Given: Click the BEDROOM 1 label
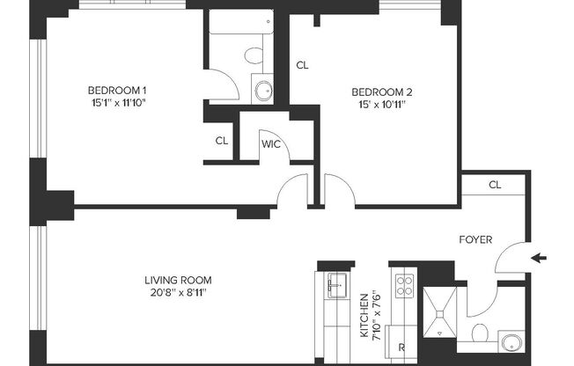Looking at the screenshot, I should [117, 91].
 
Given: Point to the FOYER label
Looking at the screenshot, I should [476, 239].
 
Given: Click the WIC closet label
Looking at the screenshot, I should [270, 144].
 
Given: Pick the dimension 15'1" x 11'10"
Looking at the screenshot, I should [117, 104].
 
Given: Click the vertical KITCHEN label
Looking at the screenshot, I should [364, 315].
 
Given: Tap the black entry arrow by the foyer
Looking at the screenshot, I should [541, 258].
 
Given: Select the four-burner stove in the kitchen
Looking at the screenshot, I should [404, 285].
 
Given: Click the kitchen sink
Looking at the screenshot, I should [335, 283].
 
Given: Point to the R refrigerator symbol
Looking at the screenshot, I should [401, 347].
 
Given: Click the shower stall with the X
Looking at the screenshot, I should [438, 313].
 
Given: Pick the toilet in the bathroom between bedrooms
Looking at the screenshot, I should [254, 56].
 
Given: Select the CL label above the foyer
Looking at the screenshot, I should [495, 185].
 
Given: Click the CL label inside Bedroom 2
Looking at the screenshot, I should [302, 65].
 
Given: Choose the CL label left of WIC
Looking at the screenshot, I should [221, 140].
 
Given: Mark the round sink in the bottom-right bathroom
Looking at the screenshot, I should [511, 342].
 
